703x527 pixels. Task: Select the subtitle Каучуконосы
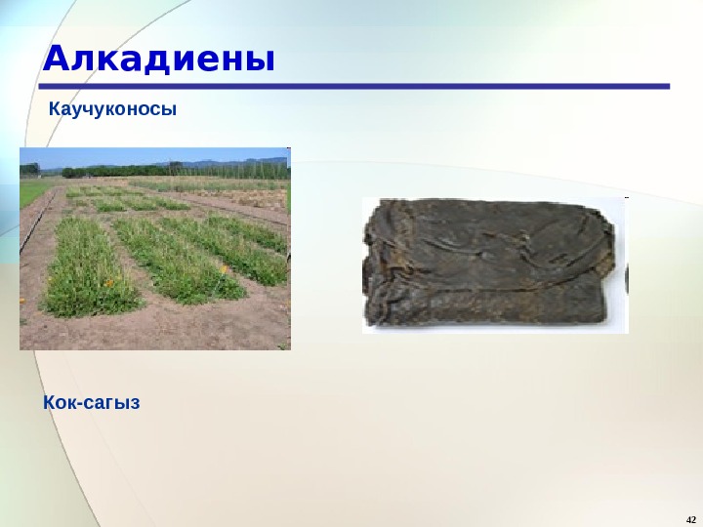click(113, 109)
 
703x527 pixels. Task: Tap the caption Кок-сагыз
click(92, 401)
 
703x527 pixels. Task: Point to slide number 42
click(691, 517)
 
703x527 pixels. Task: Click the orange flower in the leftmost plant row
click(108, 284)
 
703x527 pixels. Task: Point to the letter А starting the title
click(55, 60)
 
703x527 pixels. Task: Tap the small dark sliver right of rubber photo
click(627, 283)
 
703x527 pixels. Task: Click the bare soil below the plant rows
click(156, 327)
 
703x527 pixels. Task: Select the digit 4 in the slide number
click(688, 517)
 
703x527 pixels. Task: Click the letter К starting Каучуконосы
click(55, 109)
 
